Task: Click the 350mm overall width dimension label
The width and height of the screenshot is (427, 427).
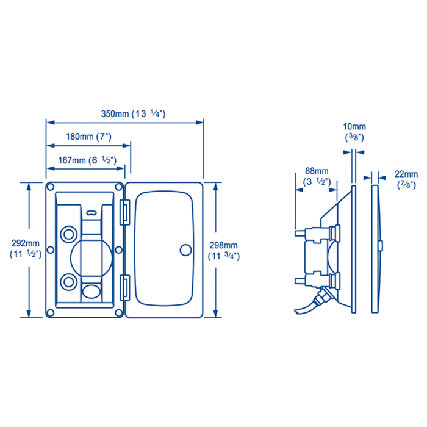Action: tap(133, 113)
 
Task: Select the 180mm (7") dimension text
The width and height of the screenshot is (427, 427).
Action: tap(89, 137)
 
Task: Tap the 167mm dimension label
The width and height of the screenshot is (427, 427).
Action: tap(87, 160)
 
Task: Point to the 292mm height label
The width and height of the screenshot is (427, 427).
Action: tap(26, 249)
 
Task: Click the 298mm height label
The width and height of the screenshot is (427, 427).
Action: tap(224, 251)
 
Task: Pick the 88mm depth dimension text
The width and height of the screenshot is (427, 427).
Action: tap(317, 176)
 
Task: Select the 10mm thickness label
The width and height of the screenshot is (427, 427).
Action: tap(354, 132)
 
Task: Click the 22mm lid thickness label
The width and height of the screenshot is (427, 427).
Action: tap(406, 179)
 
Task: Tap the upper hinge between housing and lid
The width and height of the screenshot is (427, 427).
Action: tap(125, 212)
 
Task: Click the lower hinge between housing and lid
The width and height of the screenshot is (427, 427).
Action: tap(125, 287)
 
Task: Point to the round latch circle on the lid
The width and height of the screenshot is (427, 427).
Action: tap(185, 250)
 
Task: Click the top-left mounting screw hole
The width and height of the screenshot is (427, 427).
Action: tap(51, 187)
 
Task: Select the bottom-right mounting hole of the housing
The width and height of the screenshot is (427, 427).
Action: tap(119, 312)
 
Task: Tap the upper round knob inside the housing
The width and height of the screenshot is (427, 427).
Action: tap(68, 234)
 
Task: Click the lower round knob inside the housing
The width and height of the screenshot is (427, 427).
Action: tap(68, 282)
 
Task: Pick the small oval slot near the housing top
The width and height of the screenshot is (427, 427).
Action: tap(91, 213)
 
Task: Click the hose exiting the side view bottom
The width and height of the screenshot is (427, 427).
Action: tap(307, 306)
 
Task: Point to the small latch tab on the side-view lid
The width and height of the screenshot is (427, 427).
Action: tap(381, 246)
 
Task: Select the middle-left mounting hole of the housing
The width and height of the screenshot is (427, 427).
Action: tap(51, 249)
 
